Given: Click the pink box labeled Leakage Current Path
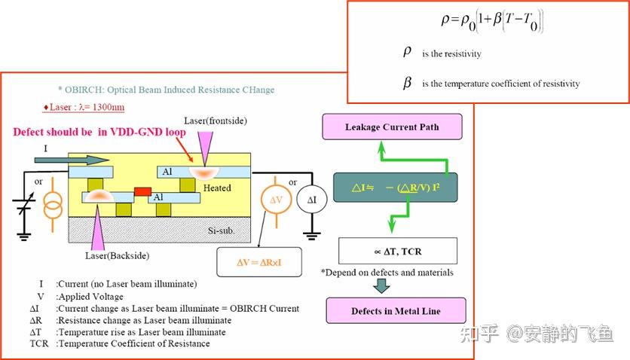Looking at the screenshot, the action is tap(392, 127).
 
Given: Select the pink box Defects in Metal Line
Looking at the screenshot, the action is tap(396, 310).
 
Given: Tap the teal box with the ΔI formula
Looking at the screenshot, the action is tap(396, 188).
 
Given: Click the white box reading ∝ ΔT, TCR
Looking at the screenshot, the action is tap(398, 252).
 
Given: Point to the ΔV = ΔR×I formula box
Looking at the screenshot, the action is tap(259, 262).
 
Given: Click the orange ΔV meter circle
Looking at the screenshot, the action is tap(276, 200).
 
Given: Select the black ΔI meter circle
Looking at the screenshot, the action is tap(312, 200).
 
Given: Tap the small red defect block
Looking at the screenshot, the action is tap(142, 191).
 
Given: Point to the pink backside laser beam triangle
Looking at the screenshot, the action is tap(98, 228).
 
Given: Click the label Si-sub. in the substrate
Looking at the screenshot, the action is tap(222, 230).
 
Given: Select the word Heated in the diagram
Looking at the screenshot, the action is tap(217, 188).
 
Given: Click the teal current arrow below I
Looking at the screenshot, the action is tap(72, 160).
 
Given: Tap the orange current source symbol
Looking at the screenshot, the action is tap(53, 206).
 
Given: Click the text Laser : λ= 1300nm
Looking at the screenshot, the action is tap(84, 107).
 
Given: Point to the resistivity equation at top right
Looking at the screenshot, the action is tap(492, 21).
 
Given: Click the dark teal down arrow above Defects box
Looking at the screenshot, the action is tap(381, 285).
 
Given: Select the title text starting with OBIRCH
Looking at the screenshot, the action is tap(167, 90).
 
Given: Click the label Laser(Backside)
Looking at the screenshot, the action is tap(117, 255).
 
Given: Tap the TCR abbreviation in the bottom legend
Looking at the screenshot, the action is tap(39, 343).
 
